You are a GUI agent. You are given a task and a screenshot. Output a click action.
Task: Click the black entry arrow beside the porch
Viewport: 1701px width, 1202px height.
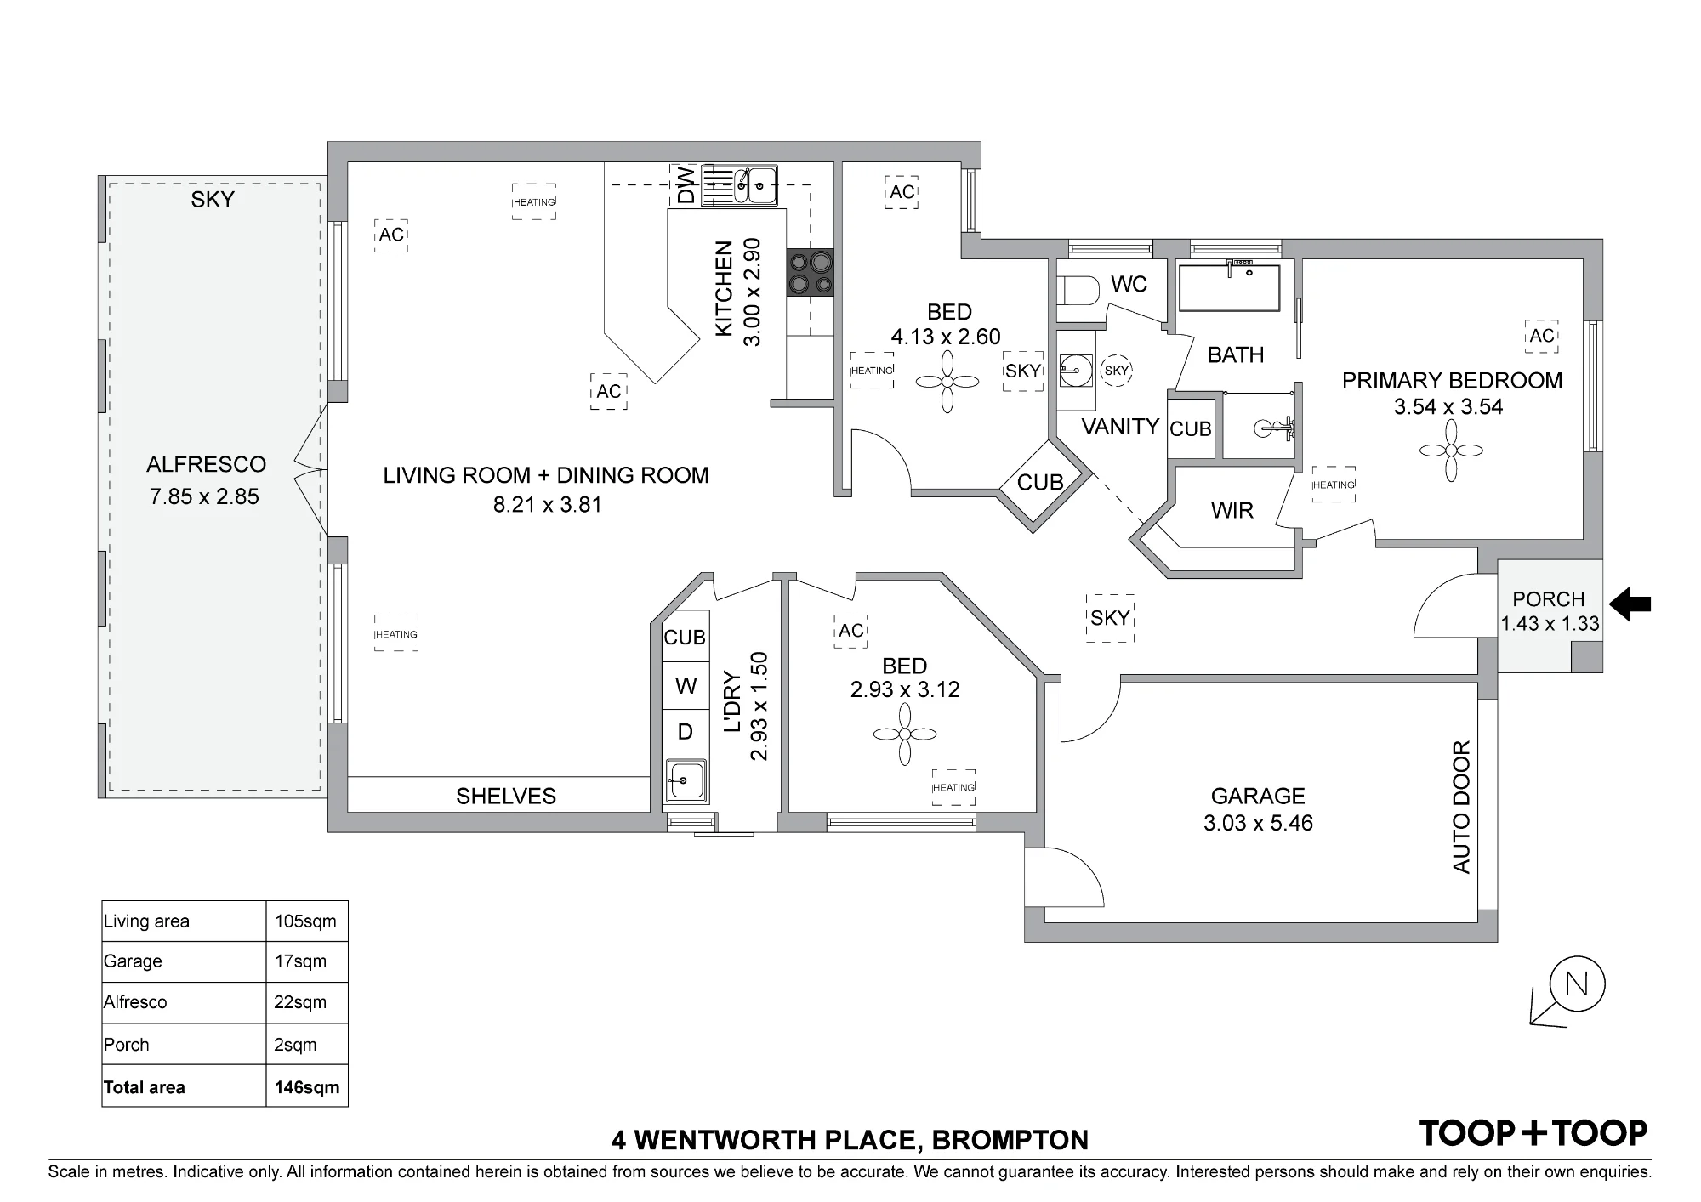pyautogui.click(x=1631, y=604)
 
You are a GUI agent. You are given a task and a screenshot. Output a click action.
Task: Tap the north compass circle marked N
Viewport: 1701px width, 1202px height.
pyautogui.click(x=1577, y=984)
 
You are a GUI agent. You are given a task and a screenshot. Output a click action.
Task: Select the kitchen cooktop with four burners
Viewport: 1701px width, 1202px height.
pyautogui.click(x=810, y=272)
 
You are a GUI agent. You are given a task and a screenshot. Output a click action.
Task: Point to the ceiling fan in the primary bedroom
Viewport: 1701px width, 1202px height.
pyautogui.click(x=1451, y=451)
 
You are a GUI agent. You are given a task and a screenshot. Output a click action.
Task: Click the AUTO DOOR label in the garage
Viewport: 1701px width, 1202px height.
pyautogui.click(x=1461, y=807)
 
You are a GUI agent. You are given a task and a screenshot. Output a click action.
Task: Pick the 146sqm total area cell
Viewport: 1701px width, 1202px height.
pyautogui.click(x=306, y=1087)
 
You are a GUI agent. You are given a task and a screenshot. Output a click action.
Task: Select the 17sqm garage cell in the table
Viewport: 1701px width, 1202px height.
pyautogui.click(x=306, y=961)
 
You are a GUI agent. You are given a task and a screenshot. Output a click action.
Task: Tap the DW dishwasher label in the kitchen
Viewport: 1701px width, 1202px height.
pyautogui.click(x=686, y=184)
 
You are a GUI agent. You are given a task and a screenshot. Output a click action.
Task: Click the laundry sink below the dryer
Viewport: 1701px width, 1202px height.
pyautogui.click(x=686, y=779)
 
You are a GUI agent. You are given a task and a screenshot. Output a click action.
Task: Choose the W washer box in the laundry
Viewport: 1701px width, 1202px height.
pyautogui.click(x=686, y=685)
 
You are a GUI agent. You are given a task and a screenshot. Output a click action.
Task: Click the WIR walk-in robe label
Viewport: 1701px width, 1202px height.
pyautogui.click(x=1232, y=510)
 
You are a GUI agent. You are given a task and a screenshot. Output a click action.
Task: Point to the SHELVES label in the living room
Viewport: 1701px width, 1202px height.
pyautogui.click(x=506, y=796)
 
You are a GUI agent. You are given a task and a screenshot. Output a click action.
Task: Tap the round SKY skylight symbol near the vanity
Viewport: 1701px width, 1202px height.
pyautogui.click(x=1117, y=371)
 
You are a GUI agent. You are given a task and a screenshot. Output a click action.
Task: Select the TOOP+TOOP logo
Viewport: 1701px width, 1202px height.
pyautogui.click(x=1533, y=1133)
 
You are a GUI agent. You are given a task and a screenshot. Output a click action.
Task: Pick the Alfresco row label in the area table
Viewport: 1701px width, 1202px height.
pyautogui.click(x=135, y=1002)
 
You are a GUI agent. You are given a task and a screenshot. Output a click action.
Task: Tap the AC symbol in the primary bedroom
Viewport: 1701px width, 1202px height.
pyautogui.click(x=1542, y=336)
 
